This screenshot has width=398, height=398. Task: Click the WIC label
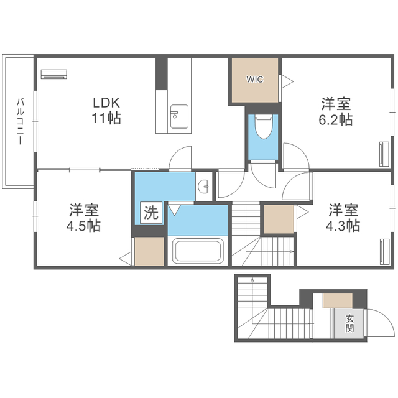[254, 80]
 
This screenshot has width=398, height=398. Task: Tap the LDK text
[106, 103]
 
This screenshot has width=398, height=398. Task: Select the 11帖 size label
[106, 118]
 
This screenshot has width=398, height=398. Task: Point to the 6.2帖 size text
[336, 119]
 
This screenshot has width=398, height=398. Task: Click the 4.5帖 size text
[83, 226]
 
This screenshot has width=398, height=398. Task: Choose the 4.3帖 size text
[343, 225]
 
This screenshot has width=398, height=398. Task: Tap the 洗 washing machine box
[151, 213]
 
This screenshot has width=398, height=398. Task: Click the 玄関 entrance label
[349, 323]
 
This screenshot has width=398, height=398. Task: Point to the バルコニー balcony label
[20, 121]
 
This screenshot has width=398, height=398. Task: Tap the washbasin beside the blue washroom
[204, 186]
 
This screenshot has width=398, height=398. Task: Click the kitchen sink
[179, 116]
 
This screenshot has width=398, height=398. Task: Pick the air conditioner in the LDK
[54, 74]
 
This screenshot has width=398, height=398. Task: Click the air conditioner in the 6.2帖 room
[384, 154]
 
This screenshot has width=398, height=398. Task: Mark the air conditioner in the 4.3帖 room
[384, 252]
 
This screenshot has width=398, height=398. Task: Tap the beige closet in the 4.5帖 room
[149, 251]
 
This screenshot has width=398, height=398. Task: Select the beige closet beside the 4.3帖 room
[279, 219]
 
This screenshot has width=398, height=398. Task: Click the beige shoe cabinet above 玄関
[338, 300]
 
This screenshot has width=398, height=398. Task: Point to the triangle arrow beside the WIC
[287, 81]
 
